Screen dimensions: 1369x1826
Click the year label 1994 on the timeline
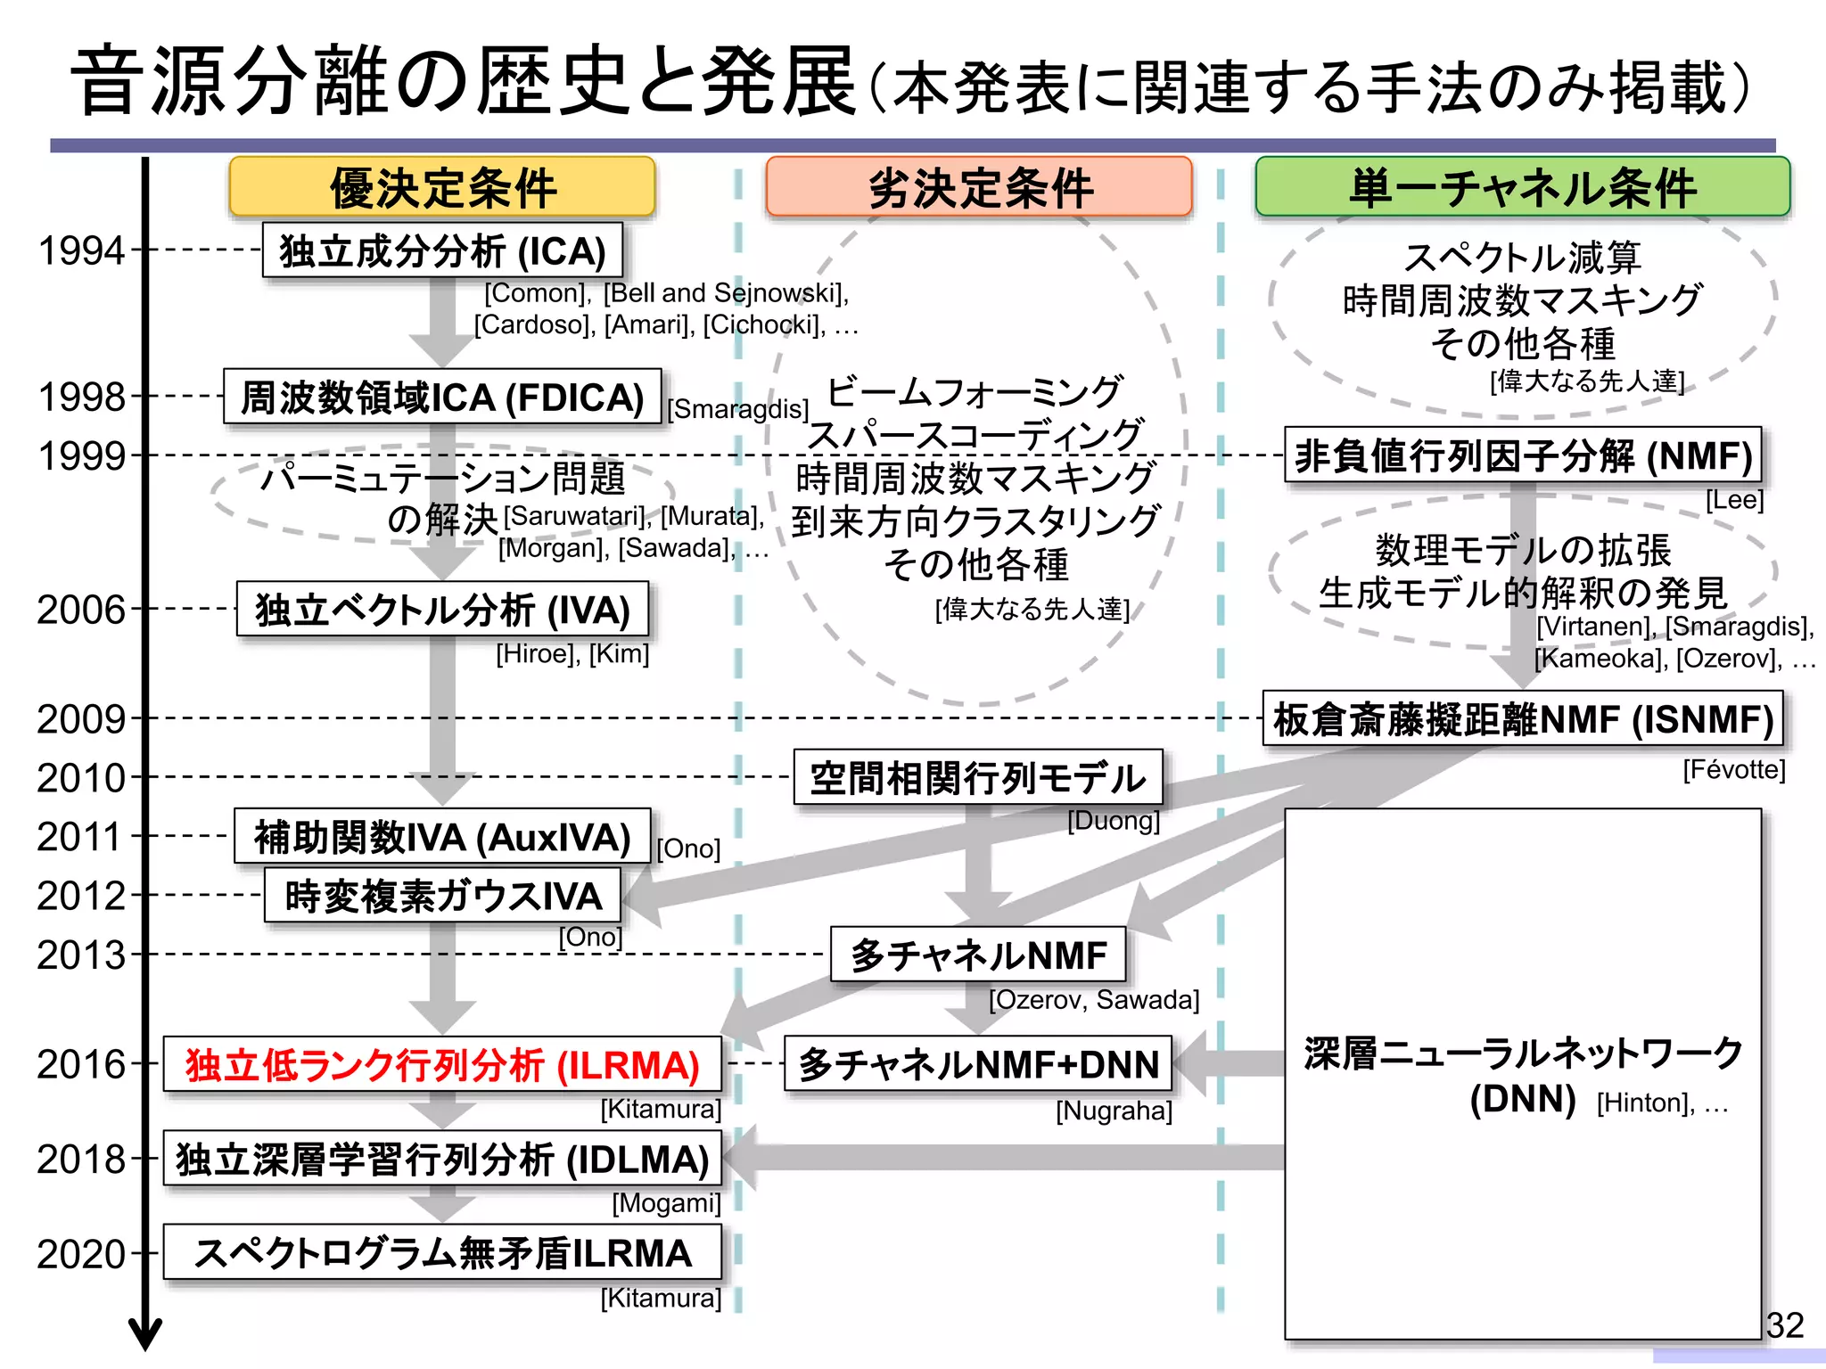tap(80, 251)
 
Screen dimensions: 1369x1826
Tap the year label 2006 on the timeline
tap(80, 611)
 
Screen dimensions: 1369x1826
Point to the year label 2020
tap(80, 1255)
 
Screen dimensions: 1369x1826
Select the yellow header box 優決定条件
tap(442, 187)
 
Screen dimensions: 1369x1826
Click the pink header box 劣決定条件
tap(979, 187)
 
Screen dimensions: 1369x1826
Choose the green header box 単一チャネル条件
tap(1523, 187)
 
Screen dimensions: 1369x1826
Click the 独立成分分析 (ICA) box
tap(442, 251)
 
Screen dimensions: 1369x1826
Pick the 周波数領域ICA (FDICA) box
tap(442, 398)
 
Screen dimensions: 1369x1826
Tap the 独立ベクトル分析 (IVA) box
tap(442, 611)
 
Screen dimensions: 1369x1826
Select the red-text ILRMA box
tap(442, 1065)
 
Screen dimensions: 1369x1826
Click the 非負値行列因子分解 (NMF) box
tap(1523, 455)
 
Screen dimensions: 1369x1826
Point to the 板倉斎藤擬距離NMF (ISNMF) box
tap(1523, 719)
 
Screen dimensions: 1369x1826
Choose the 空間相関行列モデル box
tap(978, 778)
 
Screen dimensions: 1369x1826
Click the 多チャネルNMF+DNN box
tap(978, 1065)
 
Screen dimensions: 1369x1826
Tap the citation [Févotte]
tap(1733, 770)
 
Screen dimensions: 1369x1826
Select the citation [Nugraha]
tap(1114, 1111)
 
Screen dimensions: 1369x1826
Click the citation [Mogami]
tap(666, 1203)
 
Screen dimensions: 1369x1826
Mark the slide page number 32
tap(1785, 1325)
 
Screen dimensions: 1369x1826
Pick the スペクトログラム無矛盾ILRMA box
tap(442, 1254)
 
